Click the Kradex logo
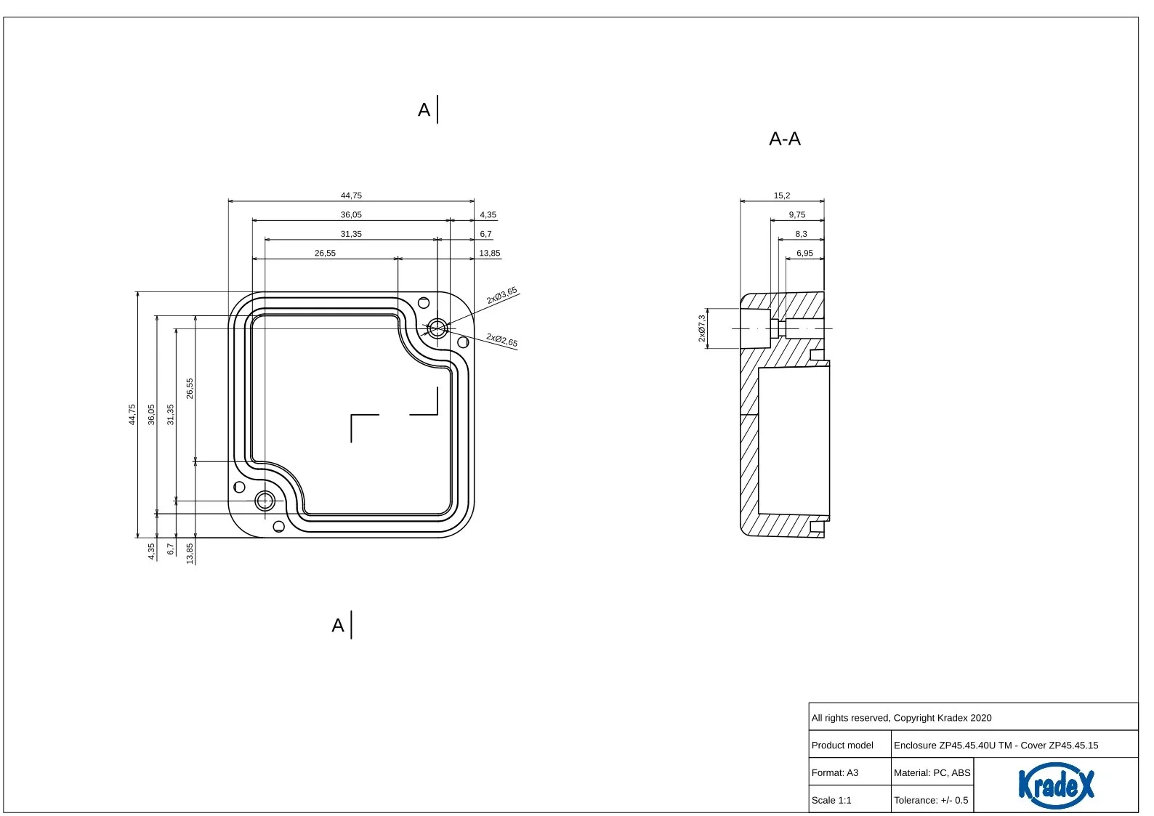1056,785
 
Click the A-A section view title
785,139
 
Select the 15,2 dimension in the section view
781,195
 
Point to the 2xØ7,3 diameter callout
702,328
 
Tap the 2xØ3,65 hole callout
501,296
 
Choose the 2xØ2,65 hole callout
501,340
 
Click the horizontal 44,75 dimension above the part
351,195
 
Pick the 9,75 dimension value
797,214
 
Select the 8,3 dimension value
801,234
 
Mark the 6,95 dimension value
804,253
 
